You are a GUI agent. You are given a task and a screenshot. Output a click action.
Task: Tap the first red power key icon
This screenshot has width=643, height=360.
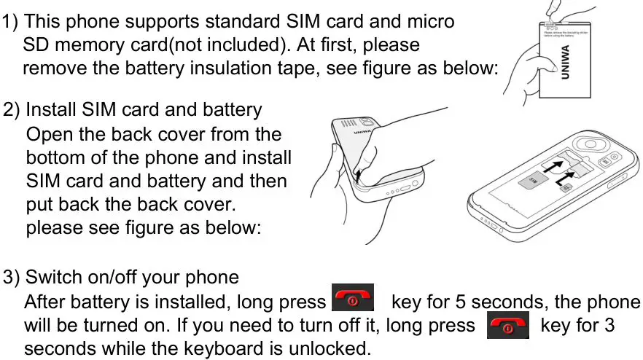click(x=353, y=299)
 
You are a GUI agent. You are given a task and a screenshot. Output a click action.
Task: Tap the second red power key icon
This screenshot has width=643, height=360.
click(x=508, y=325)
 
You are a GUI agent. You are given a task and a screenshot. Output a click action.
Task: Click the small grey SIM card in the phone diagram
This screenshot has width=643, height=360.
click(x=531, y=183)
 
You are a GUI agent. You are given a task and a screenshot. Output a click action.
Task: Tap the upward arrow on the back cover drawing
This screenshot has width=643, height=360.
click(x=359, y=174)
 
